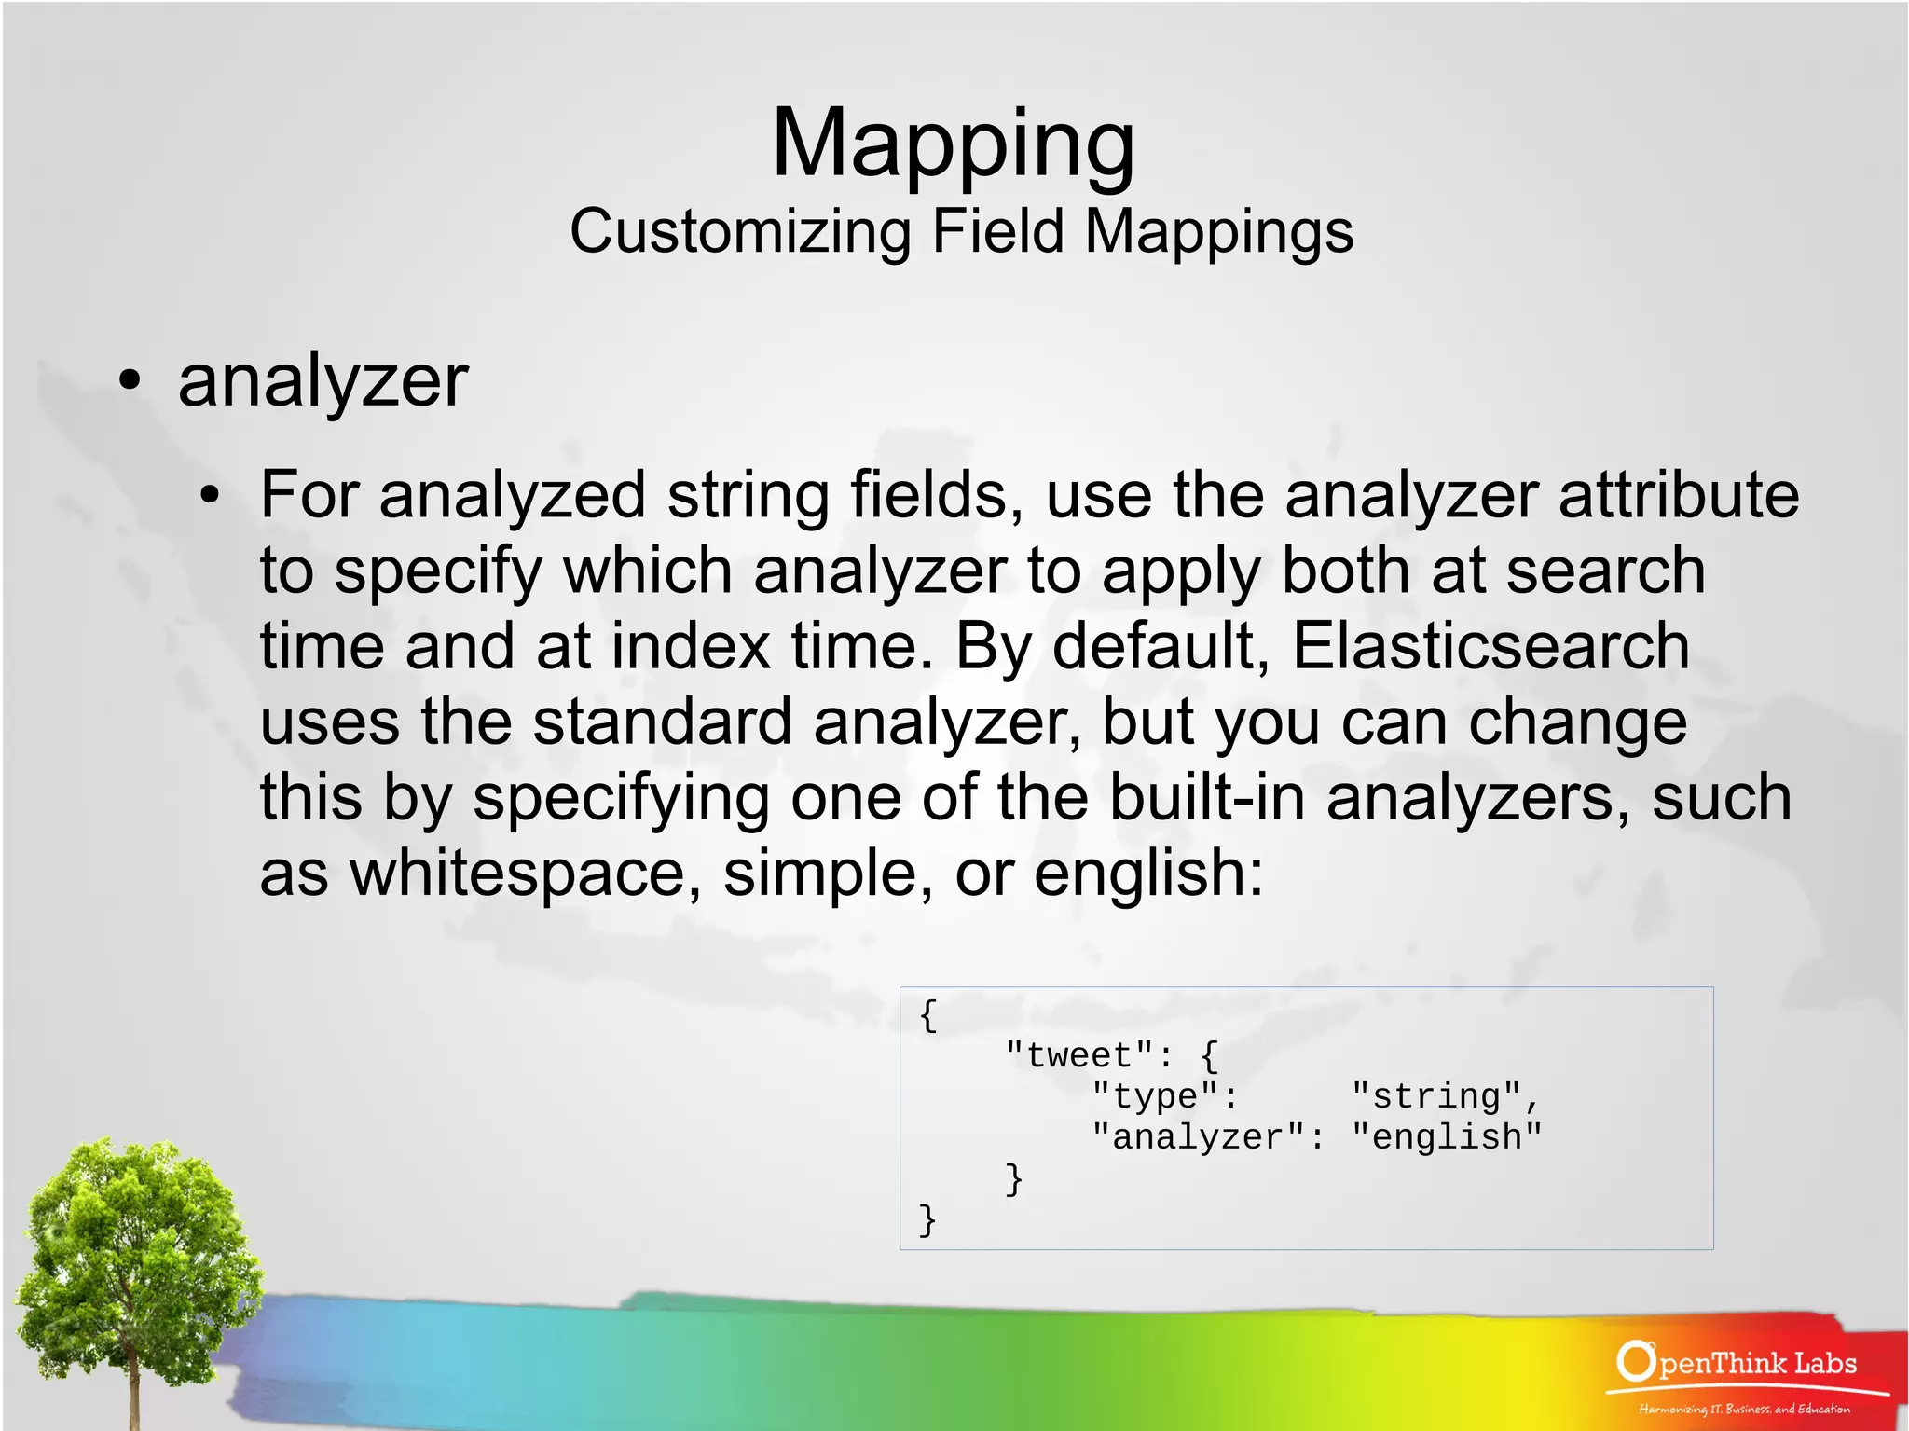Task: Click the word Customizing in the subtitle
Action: tap(740, 231)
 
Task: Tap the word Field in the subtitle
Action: tap(997, 231)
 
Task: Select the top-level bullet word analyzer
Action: tap(323, 381)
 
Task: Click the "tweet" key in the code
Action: tap(1079, 1055)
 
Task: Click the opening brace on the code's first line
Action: tap(927, 1014)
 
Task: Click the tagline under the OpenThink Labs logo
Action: tap(1744, 1409)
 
